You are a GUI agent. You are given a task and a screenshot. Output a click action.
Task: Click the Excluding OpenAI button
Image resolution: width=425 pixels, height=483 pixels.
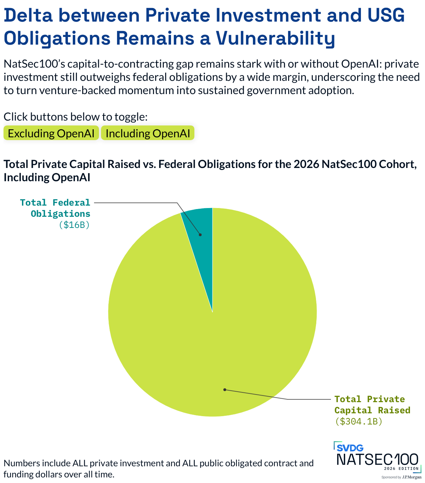pos(51,133)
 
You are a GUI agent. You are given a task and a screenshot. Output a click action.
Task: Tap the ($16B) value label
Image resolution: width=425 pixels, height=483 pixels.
pos(74,224)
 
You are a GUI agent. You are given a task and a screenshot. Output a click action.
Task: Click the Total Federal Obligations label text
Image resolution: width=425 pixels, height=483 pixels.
pos(55,208)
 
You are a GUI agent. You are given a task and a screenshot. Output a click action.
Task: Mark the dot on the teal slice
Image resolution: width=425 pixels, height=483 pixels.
pos(200,235)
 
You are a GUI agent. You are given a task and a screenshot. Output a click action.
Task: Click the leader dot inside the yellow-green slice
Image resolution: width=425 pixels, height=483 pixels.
pos(225,390)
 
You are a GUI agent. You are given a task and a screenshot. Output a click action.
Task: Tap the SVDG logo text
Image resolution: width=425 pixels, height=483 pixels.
pos(350,448)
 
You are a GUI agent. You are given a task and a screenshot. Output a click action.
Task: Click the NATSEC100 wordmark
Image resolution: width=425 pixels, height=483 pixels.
pos(377,459)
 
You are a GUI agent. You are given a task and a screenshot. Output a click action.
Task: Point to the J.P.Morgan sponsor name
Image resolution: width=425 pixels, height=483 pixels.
pos(412,477)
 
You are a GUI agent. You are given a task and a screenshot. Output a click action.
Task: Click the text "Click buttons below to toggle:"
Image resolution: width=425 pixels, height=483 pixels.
pos(76,117)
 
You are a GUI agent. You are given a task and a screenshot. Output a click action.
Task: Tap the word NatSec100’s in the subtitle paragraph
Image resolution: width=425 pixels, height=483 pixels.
pos(34,64)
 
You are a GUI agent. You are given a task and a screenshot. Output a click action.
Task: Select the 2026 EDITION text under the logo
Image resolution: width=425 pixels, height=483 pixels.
pos(401,468)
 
